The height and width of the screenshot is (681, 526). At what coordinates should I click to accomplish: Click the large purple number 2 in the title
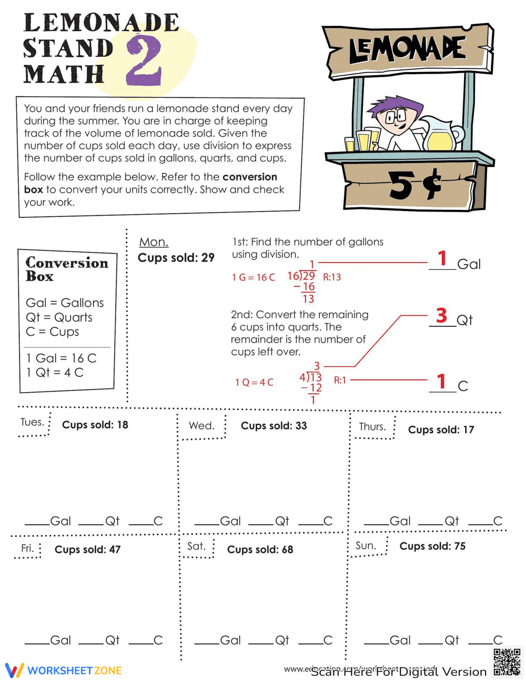point(144,61)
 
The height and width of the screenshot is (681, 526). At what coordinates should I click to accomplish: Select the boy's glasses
point(396,117)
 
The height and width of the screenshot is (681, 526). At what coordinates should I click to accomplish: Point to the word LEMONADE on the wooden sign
point(408,50)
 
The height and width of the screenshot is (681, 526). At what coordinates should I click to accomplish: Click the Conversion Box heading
point(66,269)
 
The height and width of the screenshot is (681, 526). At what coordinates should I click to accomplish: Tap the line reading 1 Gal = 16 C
point(62,358)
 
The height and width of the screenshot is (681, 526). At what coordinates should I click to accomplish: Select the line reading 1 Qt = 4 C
point(55,373)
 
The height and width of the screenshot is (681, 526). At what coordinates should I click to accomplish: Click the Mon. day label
point(154,242)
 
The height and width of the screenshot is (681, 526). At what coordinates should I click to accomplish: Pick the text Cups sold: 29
point(176,258)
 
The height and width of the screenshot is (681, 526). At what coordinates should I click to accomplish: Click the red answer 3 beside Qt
point(441,316)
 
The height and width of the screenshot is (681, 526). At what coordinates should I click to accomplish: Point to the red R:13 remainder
point(332,277)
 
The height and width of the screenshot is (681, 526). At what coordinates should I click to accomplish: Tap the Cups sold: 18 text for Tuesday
point(95,425)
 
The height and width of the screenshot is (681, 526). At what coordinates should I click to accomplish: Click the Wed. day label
point(201,426)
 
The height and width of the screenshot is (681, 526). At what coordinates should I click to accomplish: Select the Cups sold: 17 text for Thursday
point(441,430)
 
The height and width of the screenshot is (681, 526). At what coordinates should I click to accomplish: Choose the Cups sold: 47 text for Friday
point(87,549)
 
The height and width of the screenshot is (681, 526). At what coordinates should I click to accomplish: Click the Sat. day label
point(196,546)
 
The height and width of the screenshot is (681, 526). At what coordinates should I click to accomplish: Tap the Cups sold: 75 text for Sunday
point(432,546)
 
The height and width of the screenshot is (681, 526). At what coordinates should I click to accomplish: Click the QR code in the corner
point(507,662)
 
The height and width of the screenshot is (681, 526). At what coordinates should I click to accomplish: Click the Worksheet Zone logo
point(64,670)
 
